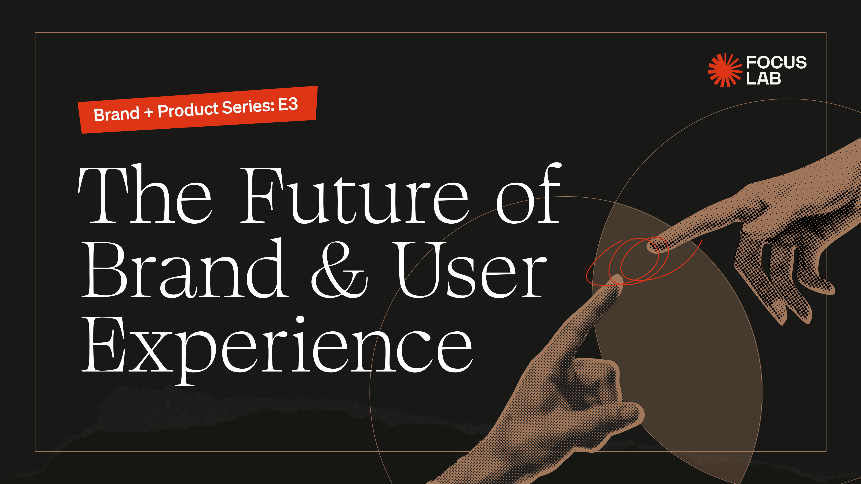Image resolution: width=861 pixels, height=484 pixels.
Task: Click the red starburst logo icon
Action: coord(725,70)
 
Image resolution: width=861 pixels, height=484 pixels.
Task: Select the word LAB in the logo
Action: coord(763,79)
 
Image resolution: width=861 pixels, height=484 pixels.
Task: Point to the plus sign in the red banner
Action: coord(148,112)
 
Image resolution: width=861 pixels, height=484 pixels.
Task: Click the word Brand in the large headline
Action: coord(185,268)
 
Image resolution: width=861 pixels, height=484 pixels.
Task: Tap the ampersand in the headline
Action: coord(339,270)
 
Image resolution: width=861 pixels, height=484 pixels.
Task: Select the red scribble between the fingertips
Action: coord(644,261)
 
